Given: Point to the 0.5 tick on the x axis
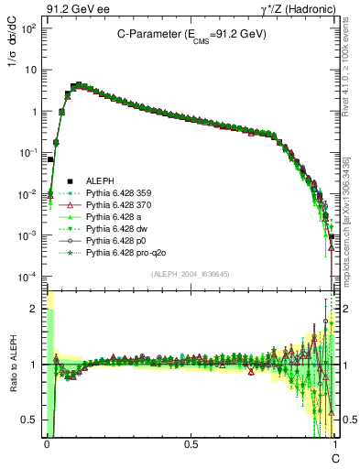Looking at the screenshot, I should point(191,443).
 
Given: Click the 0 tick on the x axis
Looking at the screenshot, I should point(46,443).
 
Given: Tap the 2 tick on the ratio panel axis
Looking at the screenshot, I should point(35,309).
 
